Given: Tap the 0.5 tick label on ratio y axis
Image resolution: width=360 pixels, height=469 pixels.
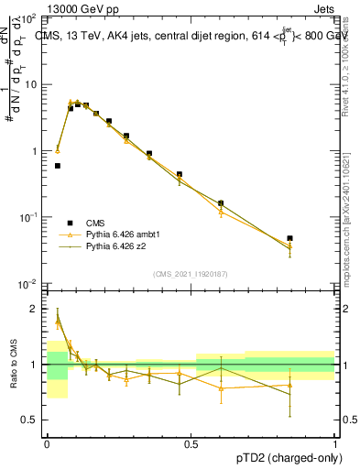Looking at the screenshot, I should [31, 420].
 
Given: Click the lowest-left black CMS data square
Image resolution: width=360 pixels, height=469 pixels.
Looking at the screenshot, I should [58, 166].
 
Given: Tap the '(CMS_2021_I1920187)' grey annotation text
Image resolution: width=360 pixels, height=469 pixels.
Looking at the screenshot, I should [191, 272].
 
